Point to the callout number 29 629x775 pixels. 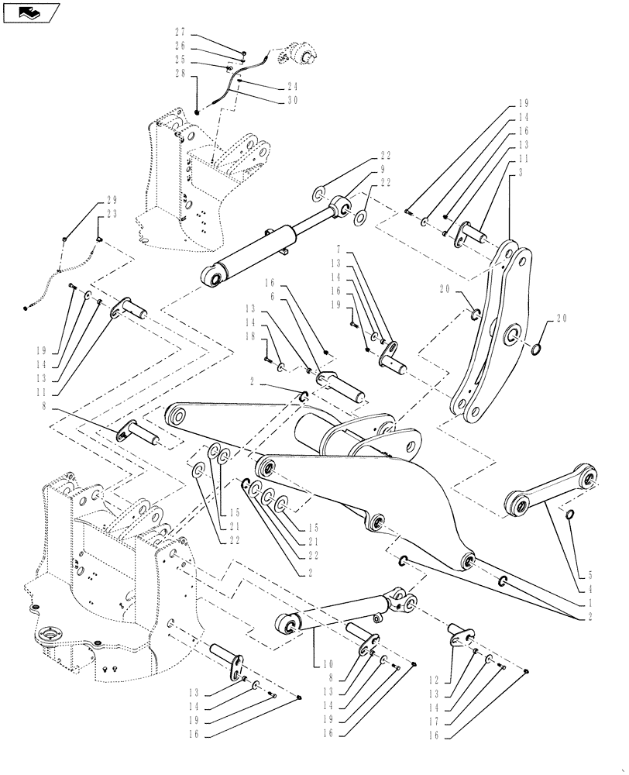coord(103,202)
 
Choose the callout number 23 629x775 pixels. coord(103,216)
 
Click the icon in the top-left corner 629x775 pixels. coord(31,12)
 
